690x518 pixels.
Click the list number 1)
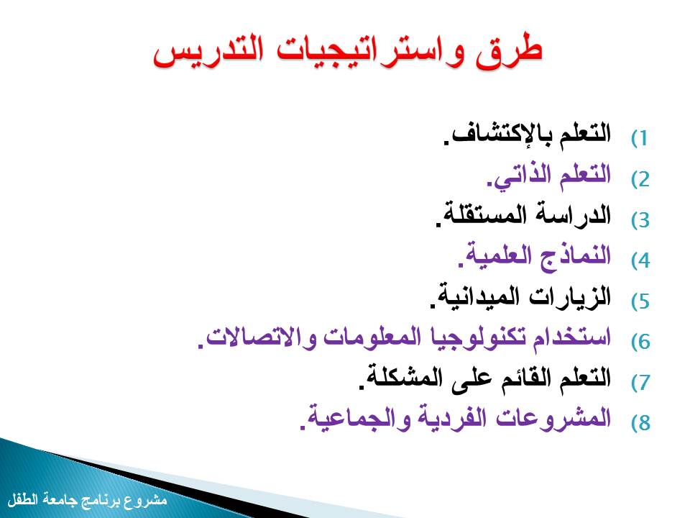pyautogui.click(x=640, y=138)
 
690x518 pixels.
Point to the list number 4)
pyautogui.click(x=640, y=260)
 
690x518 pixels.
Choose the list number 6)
pyautogui.click(x=640, y=342)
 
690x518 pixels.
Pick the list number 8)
pyautogui.click(x=640, y=423)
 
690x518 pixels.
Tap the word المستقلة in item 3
pyautogui.click(x=475, y=215)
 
